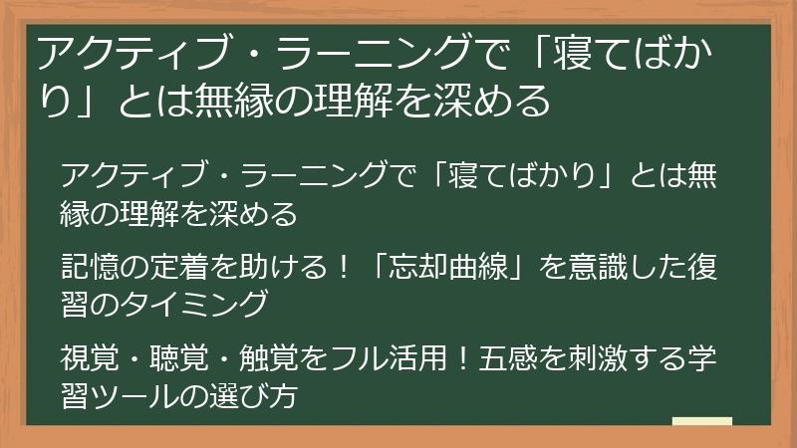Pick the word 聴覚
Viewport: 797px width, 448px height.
173,355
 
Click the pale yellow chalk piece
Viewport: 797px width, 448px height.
702,422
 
